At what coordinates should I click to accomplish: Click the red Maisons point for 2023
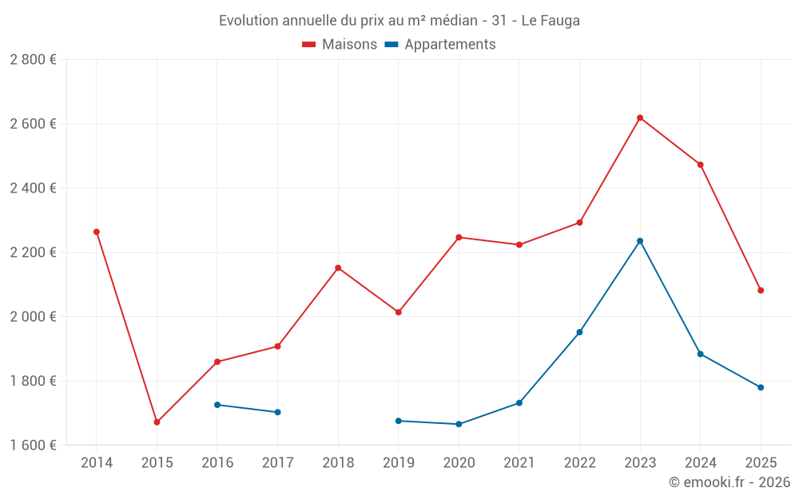coord(640,118)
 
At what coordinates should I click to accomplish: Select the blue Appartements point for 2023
coord(640,241)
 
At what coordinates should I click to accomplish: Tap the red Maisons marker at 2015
coord(157,422)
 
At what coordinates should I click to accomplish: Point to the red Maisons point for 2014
coord(97,232)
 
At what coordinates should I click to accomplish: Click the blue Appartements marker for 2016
coord(217,405)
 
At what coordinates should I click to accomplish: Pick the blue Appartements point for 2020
coord(459,424)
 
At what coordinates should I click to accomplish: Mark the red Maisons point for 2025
coord(761,291)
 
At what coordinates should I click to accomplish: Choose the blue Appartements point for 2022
coord(579,332)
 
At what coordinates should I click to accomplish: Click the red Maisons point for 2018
coord(338,268)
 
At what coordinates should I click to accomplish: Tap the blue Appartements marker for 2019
coord(399,421)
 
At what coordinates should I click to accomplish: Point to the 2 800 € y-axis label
coord(33,60)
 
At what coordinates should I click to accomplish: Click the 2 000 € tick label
coord(33,317)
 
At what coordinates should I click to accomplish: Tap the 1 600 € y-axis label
coord(33,446)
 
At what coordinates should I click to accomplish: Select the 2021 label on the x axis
coord(519,463)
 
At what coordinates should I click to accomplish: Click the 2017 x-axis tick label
coord(277,463)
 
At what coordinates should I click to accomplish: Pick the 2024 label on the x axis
coord(700,463)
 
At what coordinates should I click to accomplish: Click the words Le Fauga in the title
coord(551,21)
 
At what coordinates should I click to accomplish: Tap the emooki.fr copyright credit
coord(729,482)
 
